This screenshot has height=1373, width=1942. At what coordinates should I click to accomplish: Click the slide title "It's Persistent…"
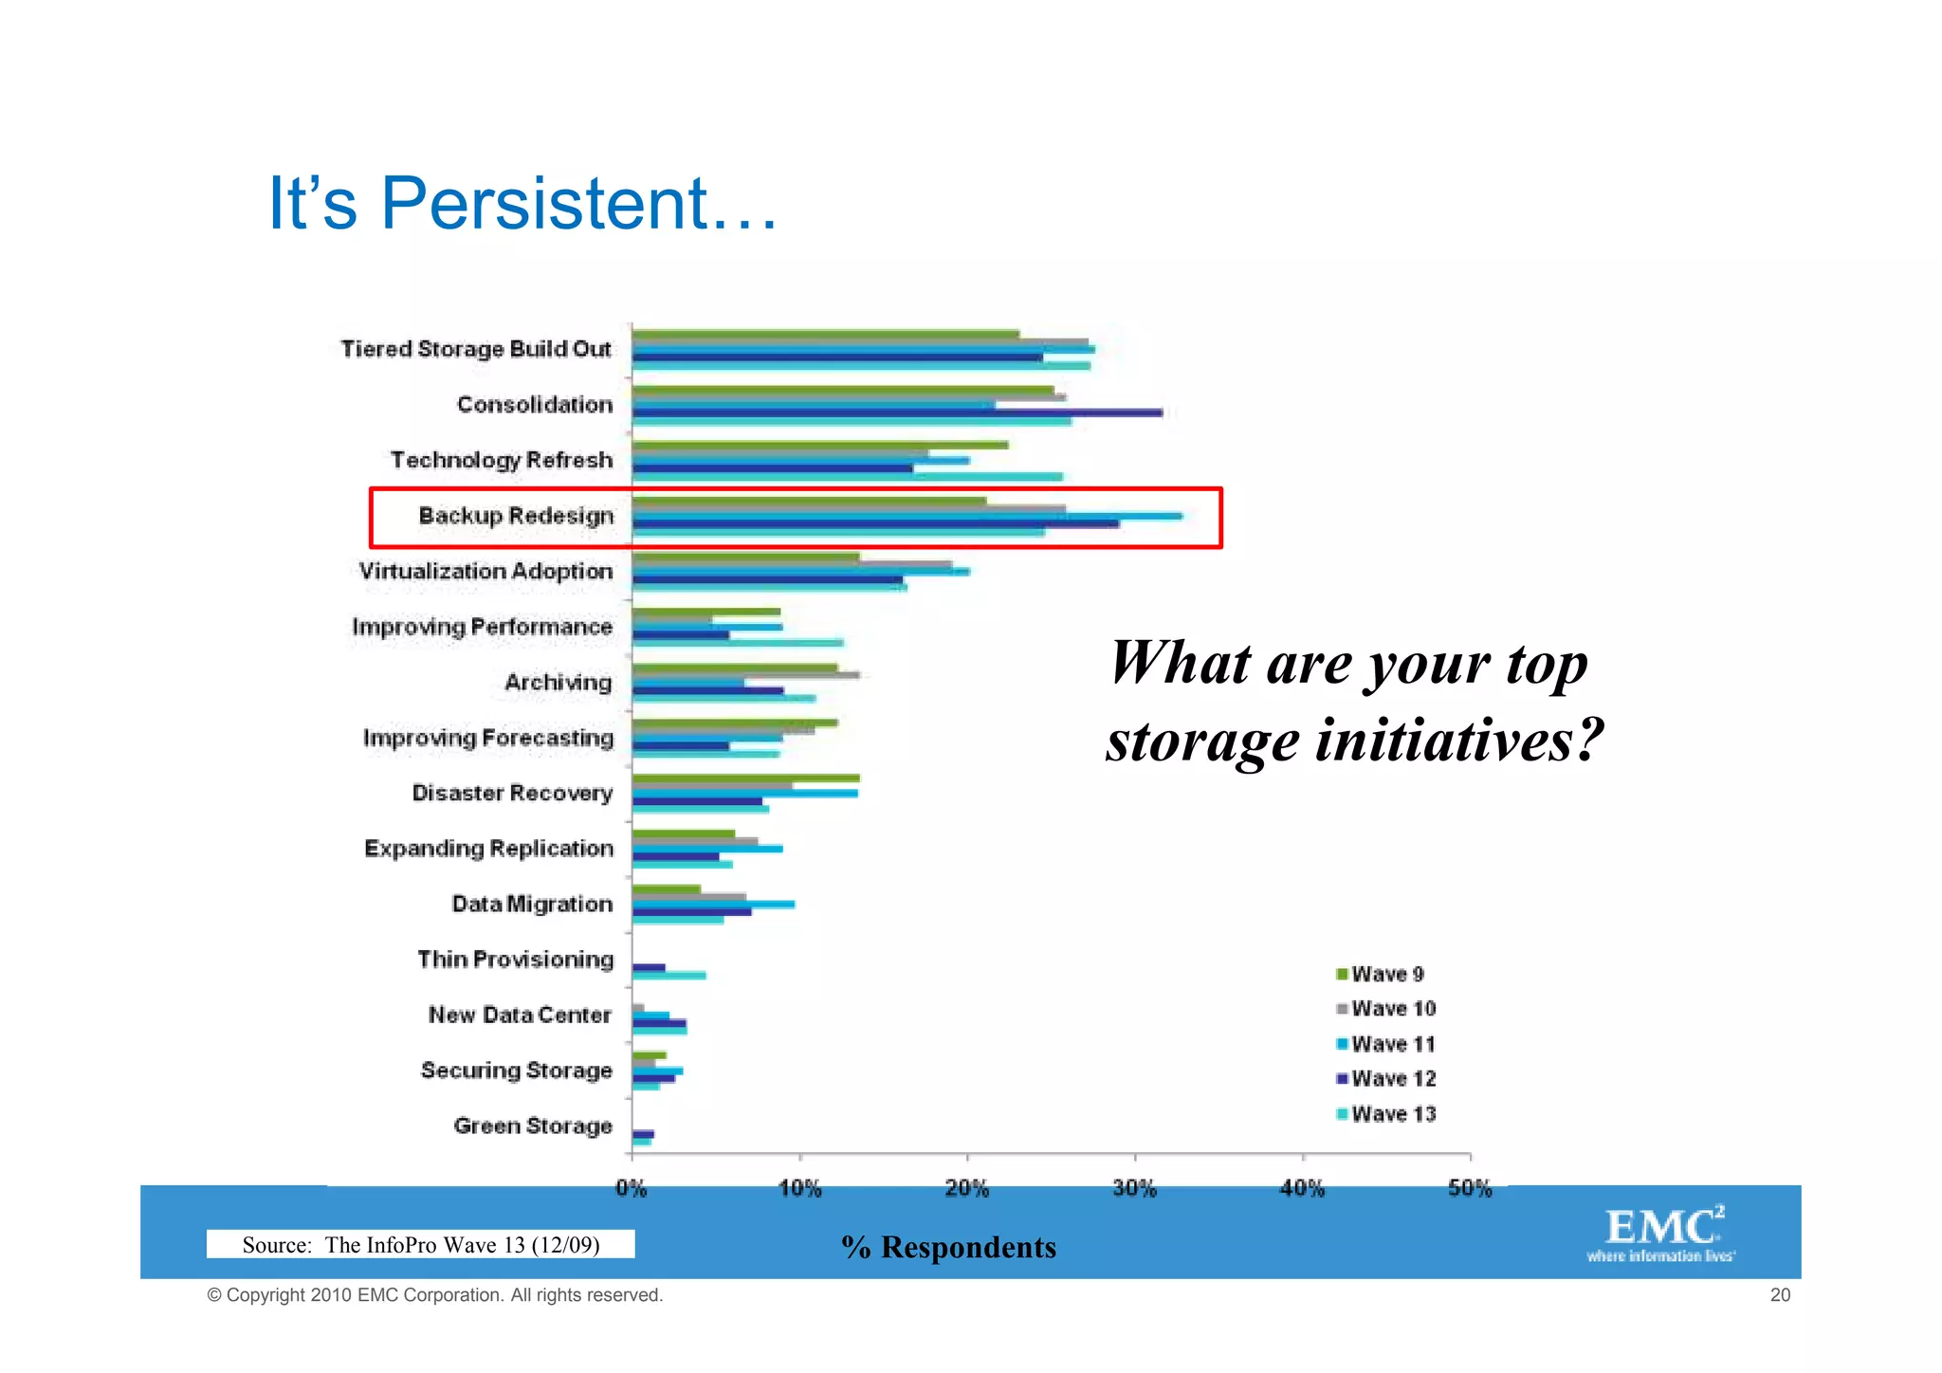522,204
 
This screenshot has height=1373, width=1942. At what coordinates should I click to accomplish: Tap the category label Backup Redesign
516,516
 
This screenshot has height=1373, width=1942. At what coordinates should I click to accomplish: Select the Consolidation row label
535,405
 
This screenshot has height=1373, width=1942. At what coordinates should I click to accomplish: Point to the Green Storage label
533,1126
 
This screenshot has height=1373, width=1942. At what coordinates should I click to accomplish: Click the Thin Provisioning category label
516,960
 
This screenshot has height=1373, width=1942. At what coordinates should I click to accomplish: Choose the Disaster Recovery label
512,793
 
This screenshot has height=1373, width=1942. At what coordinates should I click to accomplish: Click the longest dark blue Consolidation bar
897,412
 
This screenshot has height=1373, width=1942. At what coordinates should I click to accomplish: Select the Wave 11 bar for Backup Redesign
907,516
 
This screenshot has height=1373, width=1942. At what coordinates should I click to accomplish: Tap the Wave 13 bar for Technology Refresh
847,476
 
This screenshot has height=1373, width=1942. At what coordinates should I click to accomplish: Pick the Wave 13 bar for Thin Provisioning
669,975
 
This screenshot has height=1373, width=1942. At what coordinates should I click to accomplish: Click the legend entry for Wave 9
1380,974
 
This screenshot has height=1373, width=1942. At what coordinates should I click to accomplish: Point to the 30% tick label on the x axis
1135,1189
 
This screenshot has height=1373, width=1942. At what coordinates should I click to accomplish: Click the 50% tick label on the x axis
1470,1189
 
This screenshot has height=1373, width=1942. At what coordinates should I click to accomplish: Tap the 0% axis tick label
632,1189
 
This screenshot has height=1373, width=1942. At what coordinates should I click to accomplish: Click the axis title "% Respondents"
948,1247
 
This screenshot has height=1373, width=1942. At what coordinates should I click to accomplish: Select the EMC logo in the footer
1662,1233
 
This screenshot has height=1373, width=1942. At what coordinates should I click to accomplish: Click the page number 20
1780,1295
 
